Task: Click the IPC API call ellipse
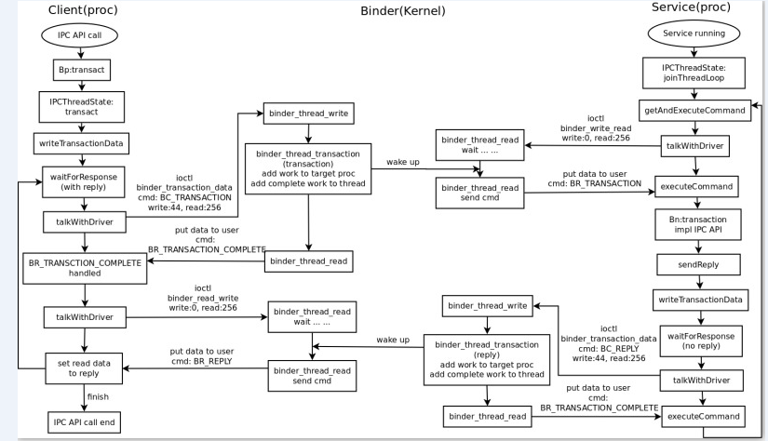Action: tap(80, 35)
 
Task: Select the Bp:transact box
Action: tap(81, 70)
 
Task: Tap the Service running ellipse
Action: tap(694, 33)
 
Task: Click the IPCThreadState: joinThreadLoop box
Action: tap(694, 73)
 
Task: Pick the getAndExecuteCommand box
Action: tap(694, 111)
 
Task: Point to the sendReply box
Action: tap(698, 265)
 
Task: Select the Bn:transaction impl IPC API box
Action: tap(698, 224)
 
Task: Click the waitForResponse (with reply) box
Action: tap(83, 182)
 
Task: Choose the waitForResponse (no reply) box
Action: tap(701, 341)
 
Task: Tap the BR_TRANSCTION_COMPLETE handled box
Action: tap(85, 268)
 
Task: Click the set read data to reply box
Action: tap(84, 368)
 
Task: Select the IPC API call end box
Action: tap(84, 422)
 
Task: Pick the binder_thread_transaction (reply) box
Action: tap(487, 360)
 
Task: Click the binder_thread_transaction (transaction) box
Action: tap(308, 168)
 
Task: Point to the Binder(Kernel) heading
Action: tap(402, 11)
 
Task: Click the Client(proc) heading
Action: tap(83, 10)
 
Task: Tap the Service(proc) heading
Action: tap(691, 7)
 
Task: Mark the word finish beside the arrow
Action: tap(98, 397)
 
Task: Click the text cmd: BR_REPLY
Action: tap(202, 361)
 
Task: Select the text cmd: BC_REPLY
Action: tap(608, 349)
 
